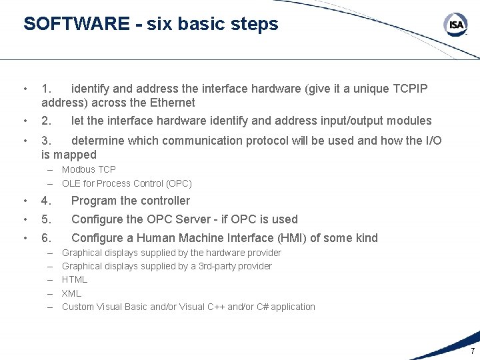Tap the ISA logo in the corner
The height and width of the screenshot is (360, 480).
pyautogui.click(x=456, y=25)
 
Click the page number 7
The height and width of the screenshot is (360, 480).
pyautogui.click(x=473, y=351)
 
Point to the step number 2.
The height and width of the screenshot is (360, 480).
pyautogui.click(x=46, y=121)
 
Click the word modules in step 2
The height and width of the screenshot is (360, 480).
pyautogui.click(x=410, y=121)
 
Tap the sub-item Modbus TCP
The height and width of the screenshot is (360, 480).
pyautogui.click(x=89, y=169)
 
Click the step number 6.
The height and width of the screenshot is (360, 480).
pyautogui.click(x=46, y=238)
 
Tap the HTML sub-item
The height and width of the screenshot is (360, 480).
pyautogui.click(x=75, y=279)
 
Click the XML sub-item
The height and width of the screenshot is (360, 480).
pyautogui.click(x=71, y=293)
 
